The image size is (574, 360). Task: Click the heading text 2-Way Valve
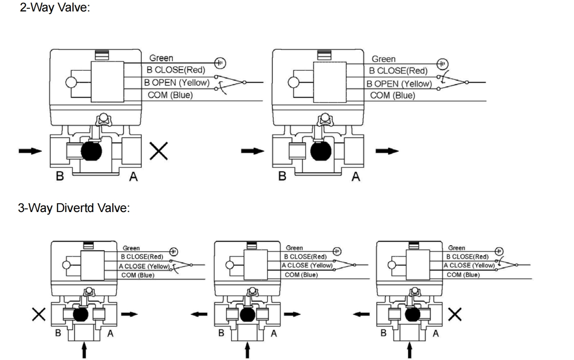coord(55,8)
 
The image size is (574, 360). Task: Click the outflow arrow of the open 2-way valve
coord(387,150)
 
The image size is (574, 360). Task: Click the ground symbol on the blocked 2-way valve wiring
coord(220,64)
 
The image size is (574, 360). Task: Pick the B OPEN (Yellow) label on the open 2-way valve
coord(398,84)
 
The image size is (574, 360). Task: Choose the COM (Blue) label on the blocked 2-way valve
coord(170,95)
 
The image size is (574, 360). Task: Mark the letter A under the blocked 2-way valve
coord(134,178)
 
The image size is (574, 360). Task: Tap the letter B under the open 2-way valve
coord(280,178)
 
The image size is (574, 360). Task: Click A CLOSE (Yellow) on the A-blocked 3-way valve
coord(469,265)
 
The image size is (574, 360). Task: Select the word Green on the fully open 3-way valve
coord(295,248)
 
